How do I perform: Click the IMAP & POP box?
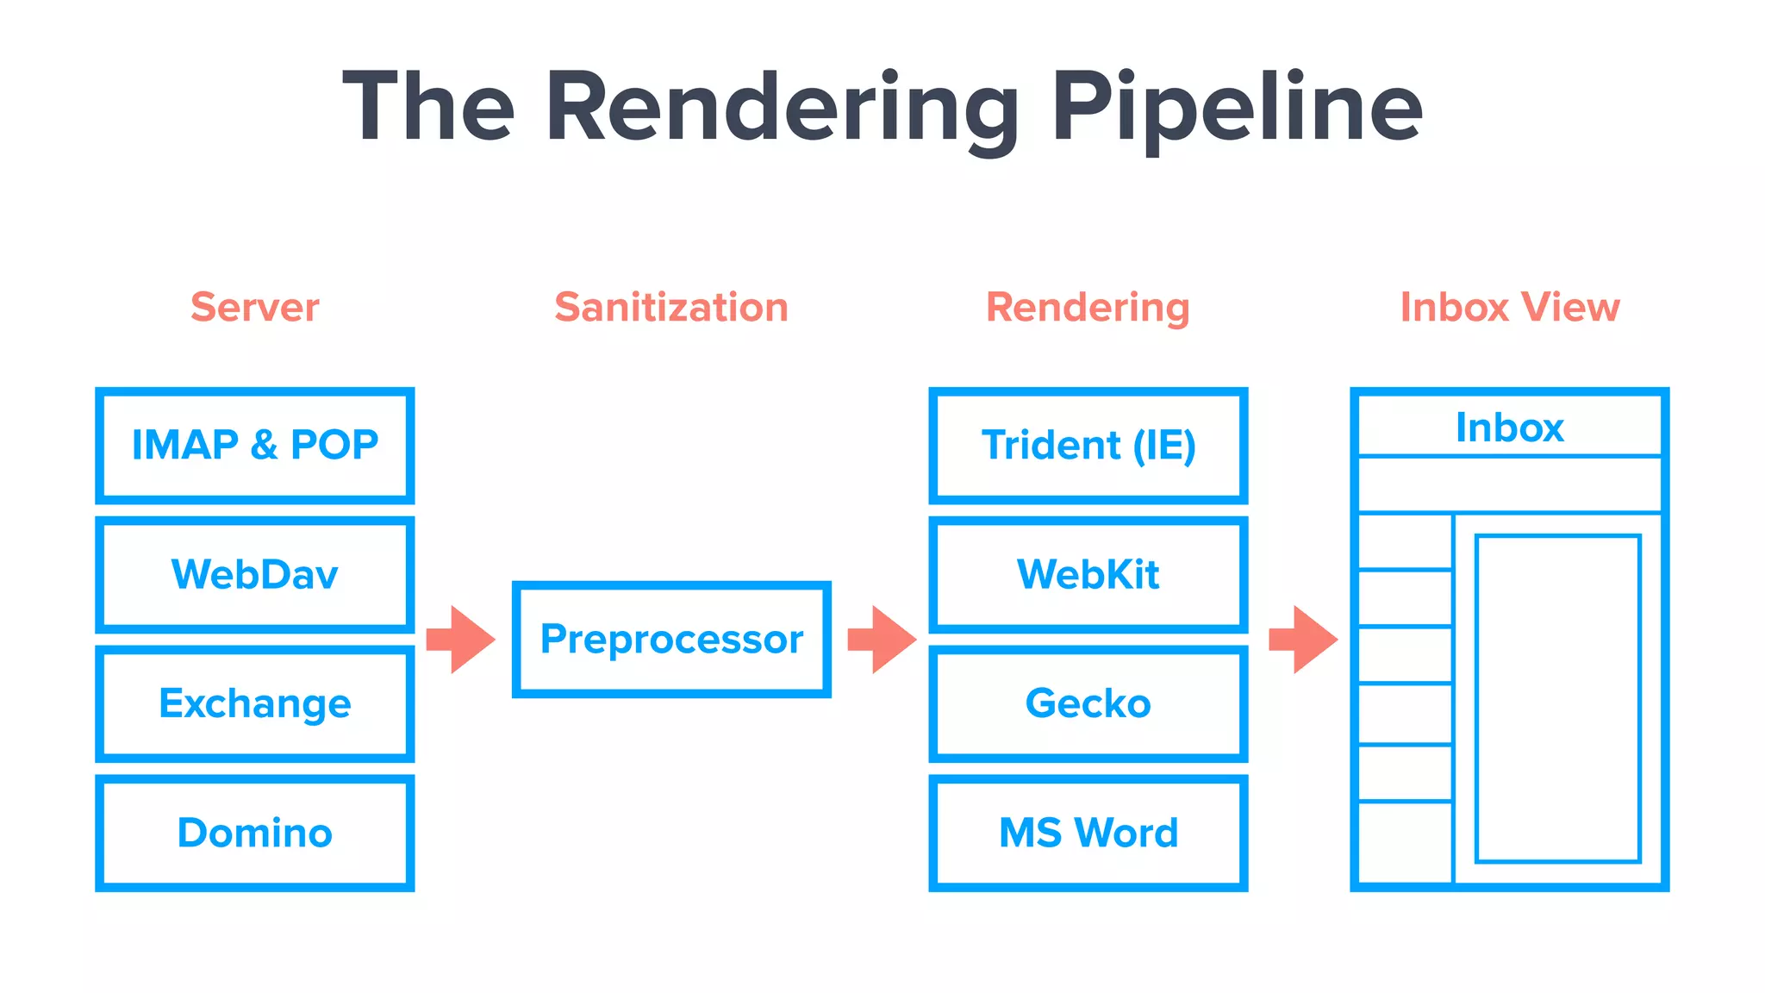click(x=255, y=446)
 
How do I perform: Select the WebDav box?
click(x=255, y=575)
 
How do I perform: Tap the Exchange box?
click(x=255, y=703)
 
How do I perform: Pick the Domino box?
click(x=255, y=833)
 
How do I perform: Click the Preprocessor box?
click(x=671, y=640)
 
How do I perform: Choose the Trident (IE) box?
click(x=1088, y=446)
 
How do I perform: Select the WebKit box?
click(x=1088, y=575)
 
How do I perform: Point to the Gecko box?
click(x=1088, y=703)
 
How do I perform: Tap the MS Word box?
click(x=1088, y=833)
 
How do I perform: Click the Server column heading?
click(x=255, y=308)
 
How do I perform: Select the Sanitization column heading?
click(x=671, y=308)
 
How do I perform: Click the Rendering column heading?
click(x=1088, y=308)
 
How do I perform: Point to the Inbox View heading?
click(x=1510, y=308)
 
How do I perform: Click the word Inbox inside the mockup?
click(x=1510, y=428)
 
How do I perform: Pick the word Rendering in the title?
click(x=783, y=108)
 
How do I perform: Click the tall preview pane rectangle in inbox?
click(x=1557, y=698)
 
